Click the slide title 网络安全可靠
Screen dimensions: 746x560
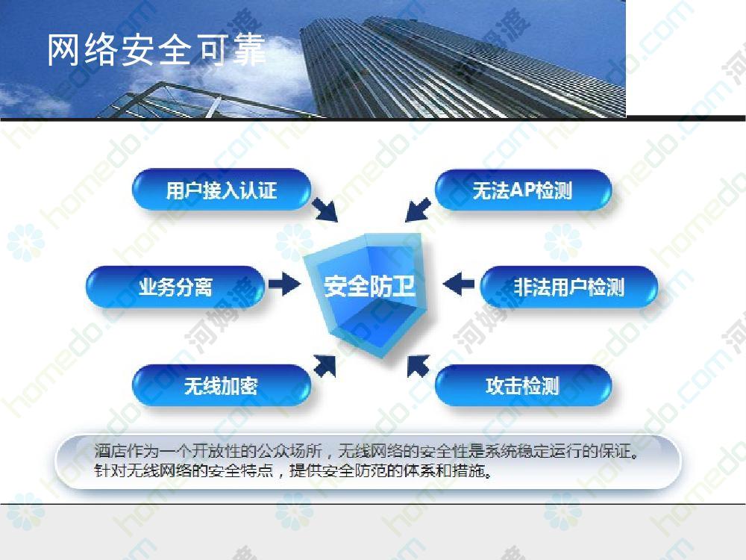156,49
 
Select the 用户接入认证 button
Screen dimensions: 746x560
222,190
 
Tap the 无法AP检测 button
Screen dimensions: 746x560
523,190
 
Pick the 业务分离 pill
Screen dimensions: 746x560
175,287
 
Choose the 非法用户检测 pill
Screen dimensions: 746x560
569,287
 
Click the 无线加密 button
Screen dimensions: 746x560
222,385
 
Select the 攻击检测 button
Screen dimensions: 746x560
523,385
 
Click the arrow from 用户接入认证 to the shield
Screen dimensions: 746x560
325,210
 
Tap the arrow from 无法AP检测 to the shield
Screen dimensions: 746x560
419,210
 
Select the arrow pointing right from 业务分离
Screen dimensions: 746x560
284,284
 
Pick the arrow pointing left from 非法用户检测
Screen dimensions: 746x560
459,284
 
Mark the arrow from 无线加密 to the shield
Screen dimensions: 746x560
325,366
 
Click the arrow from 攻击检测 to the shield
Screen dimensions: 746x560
419,366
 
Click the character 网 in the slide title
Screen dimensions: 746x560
63,49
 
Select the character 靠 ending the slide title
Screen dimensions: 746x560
250,49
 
